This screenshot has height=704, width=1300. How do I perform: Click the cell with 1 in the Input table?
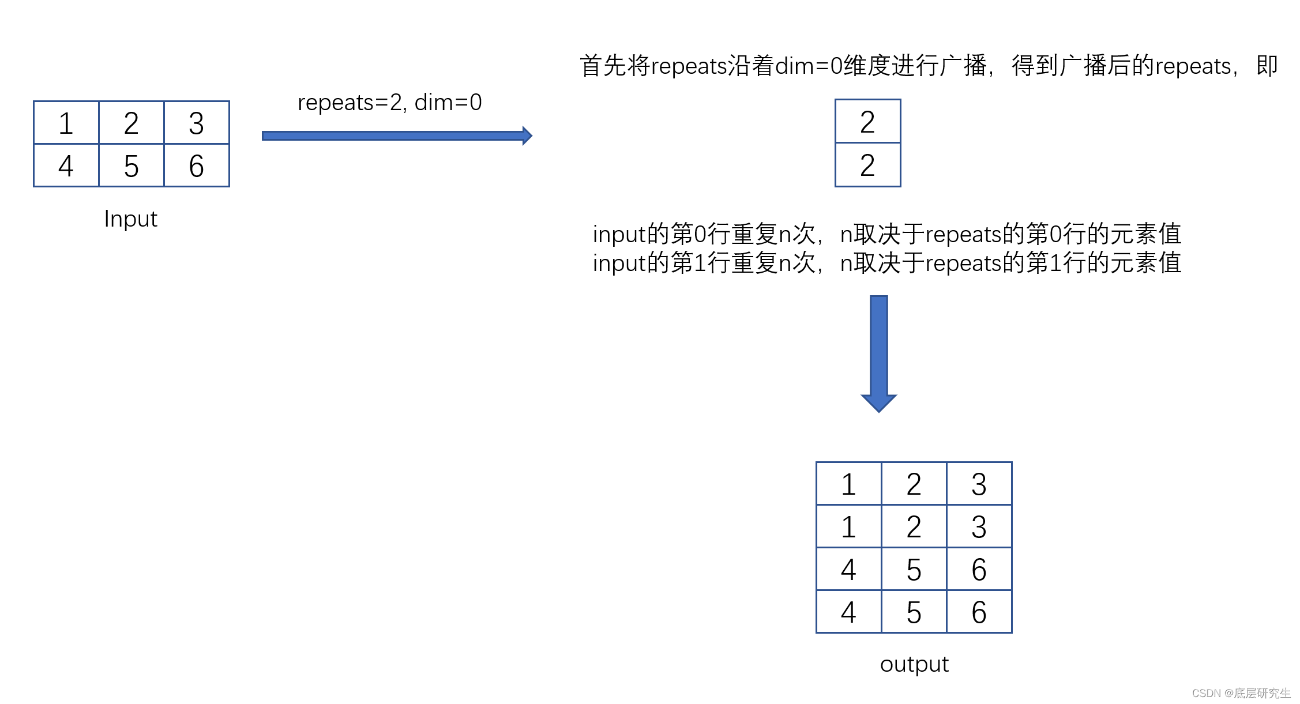(66, 123)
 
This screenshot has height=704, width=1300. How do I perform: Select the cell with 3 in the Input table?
(197, 123)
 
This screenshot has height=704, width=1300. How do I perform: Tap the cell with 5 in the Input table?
(131, 166)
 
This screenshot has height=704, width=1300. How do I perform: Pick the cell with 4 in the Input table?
(66, 166)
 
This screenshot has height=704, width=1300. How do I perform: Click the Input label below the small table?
(131, 219)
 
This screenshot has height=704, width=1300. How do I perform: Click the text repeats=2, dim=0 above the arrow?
(389, 103)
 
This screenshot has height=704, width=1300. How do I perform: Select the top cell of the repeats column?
(867, 122)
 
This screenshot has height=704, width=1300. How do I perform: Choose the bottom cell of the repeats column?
(867, 165)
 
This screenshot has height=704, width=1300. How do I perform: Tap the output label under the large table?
(914, 664)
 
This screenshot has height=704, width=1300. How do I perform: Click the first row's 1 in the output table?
(848, 484)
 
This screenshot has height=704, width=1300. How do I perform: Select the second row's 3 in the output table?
(979, 526)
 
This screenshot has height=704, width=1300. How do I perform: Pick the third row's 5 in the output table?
(914, 570)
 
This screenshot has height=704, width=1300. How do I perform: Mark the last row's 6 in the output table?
(979, 612)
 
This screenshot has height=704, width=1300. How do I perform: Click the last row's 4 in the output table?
(848, 612)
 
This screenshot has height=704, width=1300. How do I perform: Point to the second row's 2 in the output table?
(914, 526)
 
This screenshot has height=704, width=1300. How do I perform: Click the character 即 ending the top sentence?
(1267, 66)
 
